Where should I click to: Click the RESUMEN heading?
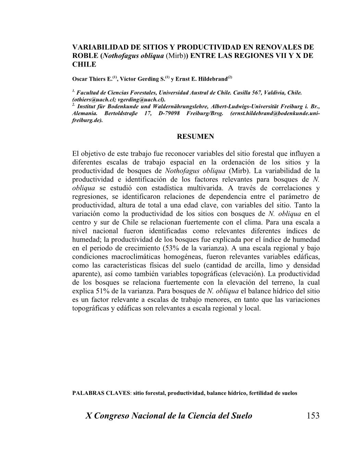pyautogui.click(x=195, y=136)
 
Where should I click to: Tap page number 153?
pyautogui.click(x=313, y=416)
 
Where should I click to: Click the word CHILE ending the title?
pyautogui.click(x=84, y=64)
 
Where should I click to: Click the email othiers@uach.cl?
pyautogui.click(x=89, y=100)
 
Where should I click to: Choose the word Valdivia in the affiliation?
pyautogui.click(x=276, y=93)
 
